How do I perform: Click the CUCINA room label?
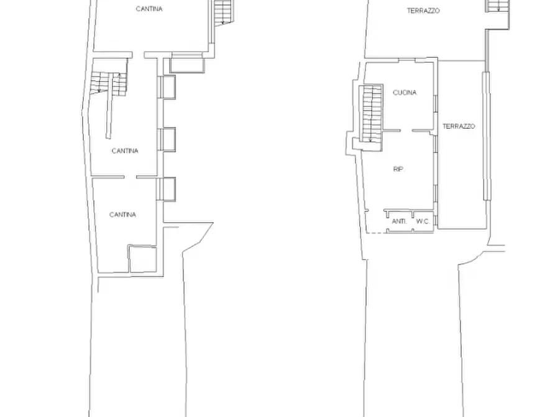[405, 93]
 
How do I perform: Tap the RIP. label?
[398, 169]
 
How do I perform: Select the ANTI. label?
[399, 222]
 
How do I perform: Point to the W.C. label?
[423, 222]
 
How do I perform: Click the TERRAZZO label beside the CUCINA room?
[459, 126]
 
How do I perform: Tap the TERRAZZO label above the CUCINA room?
[423, 11]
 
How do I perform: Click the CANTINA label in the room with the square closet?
[122, 215]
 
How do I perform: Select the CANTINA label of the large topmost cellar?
[149, 9]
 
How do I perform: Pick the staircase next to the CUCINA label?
[371, 113]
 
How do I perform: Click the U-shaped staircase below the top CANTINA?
[108, 83]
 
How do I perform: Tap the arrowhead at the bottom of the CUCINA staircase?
[370, 141]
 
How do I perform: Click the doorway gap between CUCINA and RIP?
[406, 131]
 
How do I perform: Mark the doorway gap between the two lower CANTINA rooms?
[131, 177]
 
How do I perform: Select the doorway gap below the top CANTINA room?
[139, 55]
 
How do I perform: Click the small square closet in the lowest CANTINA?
[142, 259]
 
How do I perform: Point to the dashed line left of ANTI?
[375, 233]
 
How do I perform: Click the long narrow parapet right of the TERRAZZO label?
[487, 136]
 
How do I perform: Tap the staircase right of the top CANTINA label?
[223, 12]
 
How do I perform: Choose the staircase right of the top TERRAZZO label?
[498, 6]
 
